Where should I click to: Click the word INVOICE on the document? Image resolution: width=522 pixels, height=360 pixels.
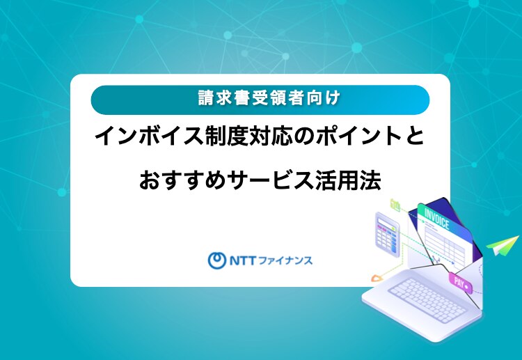point(437,219)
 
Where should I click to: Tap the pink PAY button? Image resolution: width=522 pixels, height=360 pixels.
point(461,283)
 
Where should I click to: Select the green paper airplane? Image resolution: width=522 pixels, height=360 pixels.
point(503,245)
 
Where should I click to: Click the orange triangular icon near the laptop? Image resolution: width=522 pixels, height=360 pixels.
point(377,278)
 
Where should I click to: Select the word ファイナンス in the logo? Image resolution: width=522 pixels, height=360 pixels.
point(285,260)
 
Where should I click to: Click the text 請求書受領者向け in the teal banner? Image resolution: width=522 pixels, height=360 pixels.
point(269,99)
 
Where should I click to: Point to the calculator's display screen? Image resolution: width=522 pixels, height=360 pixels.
point(385,221)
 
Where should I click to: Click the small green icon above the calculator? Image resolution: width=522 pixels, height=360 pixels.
point(395,205)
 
